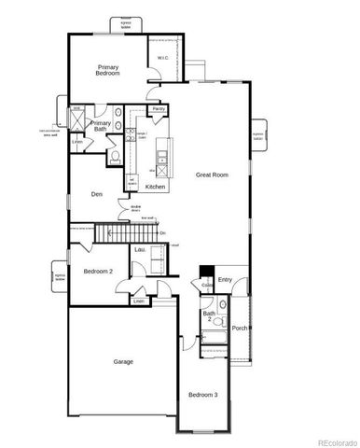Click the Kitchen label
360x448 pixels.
[155, 187]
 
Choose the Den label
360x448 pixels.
[96, 194]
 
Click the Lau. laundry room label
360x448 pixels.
[140, 250]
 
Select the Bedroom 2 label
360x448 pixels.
[98, 271]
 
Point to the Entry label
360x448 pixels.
[225, 279]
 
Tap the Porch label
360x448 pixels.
[240, 328]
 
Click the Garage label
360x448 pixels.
[123, 361]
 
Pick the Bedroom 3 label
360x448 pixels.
[202, 395]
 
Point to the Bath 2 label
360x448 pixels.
[209, 316]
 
